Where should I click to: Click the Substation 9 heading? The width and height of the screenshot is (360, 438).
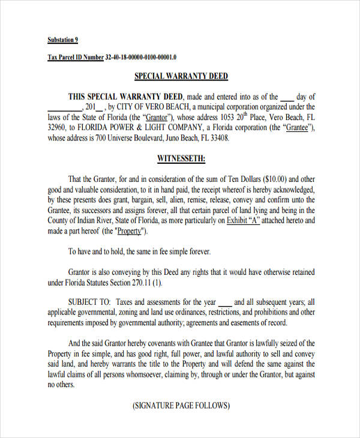(62, 40)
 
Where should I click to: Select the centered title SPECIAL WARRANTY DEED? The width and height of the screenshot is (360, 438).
(181, 77)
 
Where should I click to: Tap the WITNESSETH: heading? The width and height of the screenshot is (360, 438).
(181, 159)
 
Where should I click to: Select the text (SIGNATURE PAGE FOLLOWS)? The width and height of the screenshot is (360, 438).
(181, 406)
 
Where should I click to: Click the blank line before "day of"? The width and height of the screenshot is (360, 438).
(287, 97)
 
